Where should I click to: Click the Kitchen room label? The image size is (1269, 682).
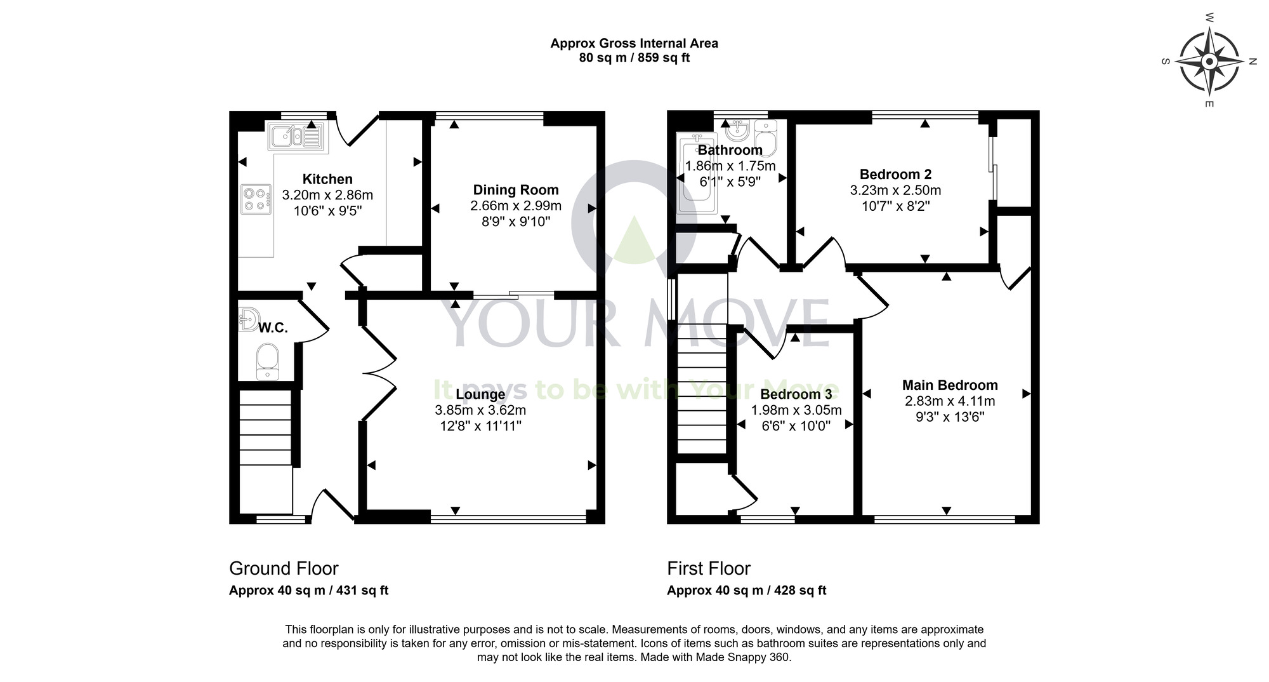coord(327,179)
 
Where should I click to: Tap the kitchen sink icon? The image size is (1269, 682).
coord(295,137)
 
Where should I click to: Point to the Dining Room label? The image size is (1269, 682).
coord(515,190)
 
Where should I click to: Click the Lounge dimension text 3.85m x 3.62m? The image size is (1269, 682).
coord(480,410)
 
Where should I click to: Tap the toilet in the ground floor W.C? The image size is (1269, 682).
coord(267,361)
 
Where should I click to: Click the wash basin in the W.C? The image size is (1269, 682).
coord(249,319)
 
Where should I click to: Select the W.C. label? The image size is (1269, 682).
coord(273,328)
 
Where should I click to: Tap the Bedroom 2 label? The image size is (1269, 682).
coord(895,174)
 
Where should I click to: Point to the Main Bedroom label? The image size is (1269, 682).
coord(949,385)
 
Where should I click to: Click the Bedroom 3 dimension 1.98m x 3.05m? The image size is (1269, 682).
coord(796,410)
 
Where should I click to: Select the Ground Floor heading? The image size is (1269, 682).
coord(284,568)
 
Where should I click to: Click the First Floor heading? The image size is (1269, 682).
coord(708,568)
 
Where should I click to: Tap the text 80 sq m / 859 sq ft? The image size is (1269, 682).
coord(634,58)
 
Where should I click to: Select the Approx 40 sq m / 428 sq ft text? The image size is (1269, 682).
coord(746,591)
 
